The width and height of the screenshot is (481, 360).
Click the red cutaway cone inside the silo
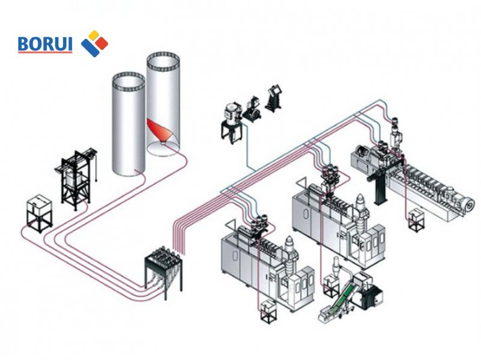(x=159, y=130)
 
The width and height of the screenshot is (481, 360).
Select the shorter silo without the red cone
(x=129, y=123)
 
